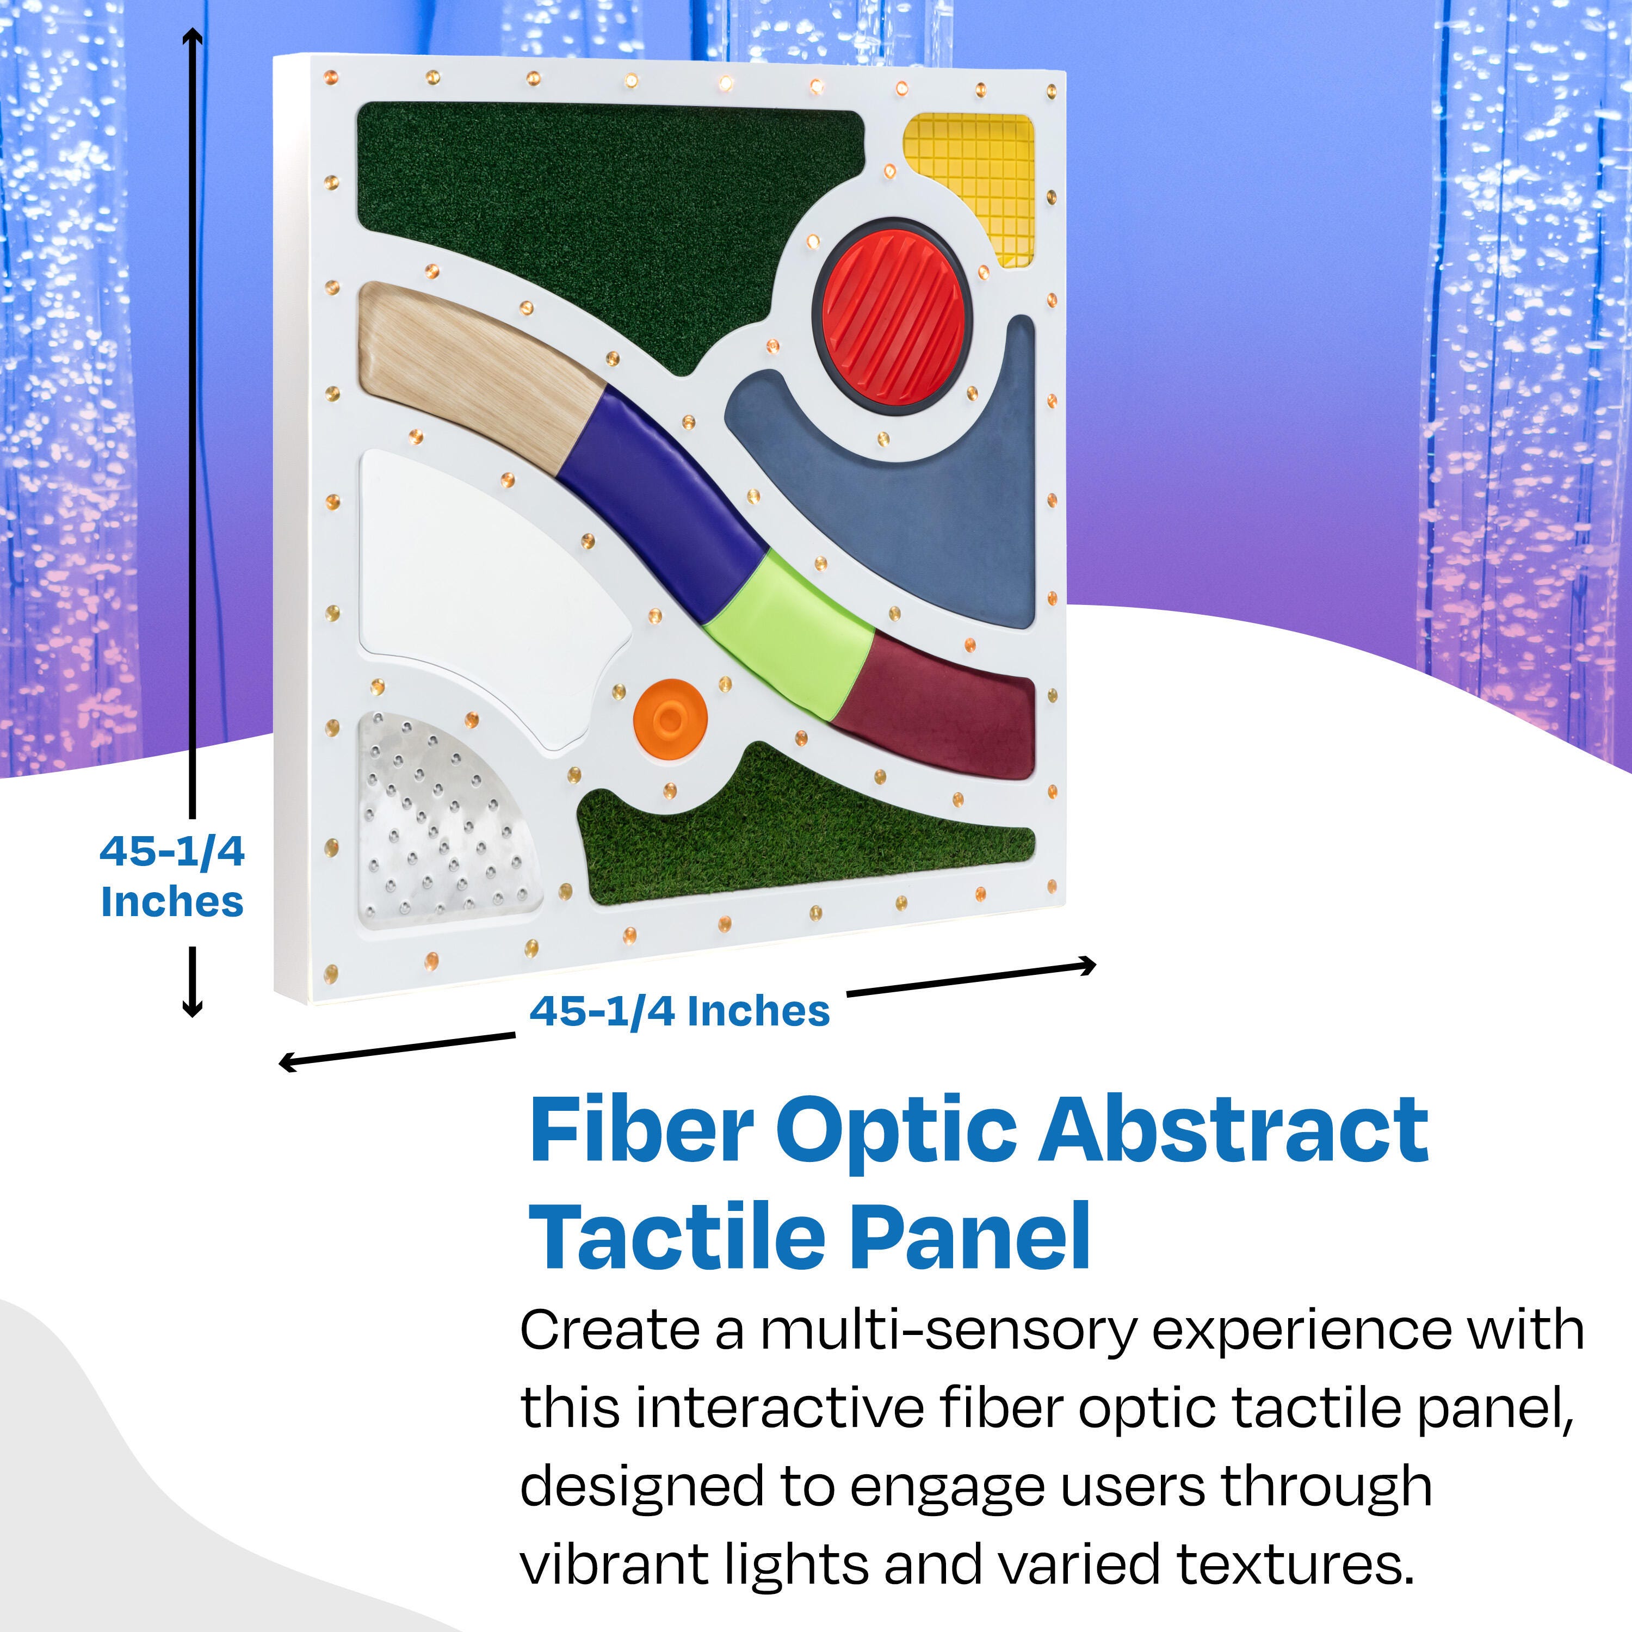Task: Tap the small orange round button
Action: click(670, 719)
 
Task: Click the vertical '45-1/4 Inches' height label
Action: click(172, 877)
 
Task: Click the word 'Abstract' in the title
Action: click(1233, 1133)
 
